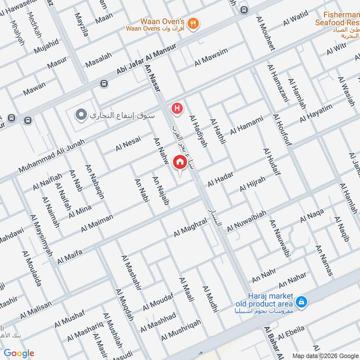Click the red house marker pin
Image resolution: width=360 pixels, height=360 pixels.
click(x=180, y=162)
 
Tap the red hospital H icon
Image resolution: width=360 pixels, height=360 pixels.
click(x=178, y=108)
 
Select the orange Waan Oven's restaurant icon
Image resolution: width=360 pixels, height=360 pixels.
click(x=193, y=24)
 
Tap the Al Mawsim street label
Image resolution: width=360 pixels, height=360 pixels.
click(x=211, y=59)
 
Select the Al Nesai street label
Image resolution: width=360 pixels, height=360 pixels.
click(x=128, y=144)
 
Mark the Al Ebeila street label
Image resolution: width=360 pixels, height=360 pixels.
click(x=291, y=333)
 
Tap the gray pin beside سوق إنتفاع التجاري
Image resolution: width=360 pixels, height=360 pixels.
click(x=81, y=115)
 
